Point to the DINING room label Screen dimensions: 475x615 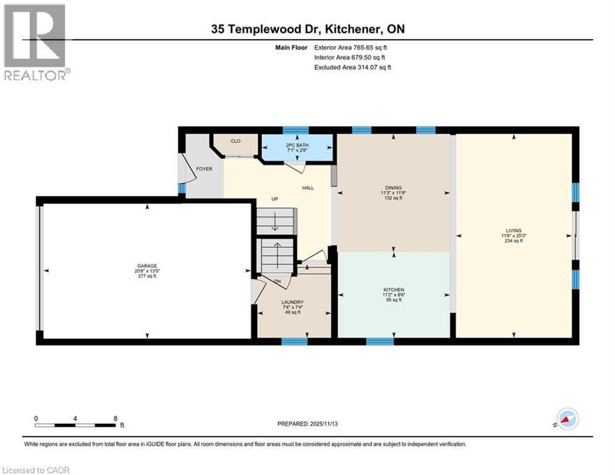point(393,187)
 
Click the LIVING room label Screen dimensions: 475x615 point(513,231)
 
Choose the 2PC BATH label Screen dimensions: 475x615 point(297,145)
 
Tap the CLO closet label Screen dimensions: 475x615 point(235,141)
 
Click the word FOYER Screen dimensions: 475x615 point(204,168)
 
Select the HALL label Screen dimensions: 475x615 point(308,187)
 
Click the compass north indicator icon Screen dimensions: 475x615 point(567,419)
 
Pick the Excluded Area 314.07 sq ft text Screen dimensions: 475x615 point(352,67)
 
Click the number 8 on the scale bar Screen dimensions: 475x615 point(116,418)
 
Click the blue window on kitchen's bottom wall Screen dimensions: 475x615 point(380,341)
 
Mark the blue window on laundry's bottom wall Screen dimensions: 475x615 point(294,341)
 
